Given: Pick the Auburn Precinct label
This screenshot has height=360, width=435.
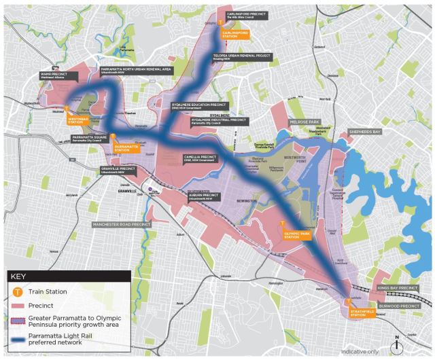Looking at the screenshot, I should [205, 197].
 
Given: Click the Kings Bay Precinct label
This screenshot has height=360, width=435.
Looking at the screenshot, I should [398, 288].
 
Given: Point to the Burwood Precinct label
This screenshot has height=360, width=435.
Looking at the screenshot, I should [399, 306].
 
